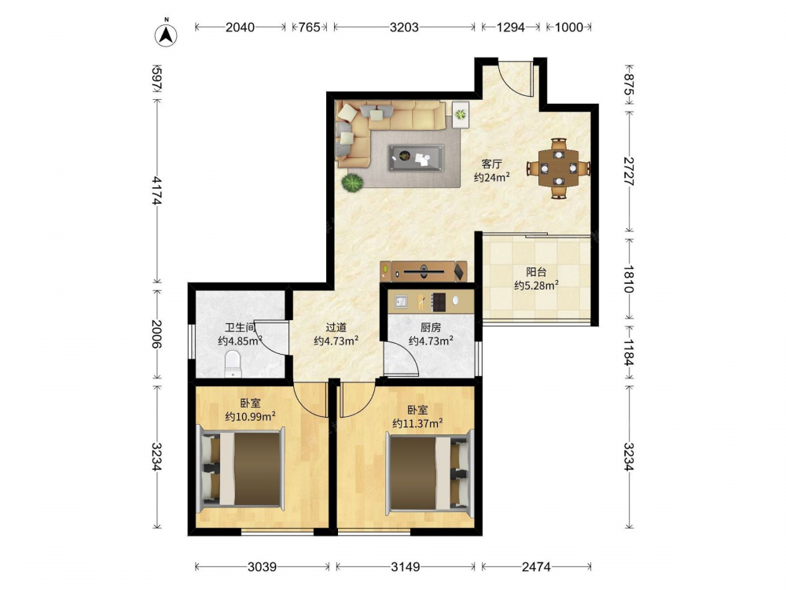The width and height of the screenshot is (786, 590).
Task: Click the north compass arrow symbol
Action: pos(166,34)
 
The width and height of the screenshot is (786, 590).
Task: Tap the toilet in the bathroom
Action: pos(233,363)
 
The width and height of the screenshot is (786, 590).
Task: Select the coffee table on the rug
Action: pos(416,158)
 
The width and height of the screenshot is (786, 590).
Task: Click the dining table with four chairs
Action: pos(558,168)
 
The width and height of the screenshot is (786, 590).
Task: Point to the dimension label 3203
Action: pos(404,27)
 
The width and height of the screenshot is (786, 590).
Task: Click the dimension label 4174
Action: pos(157,190)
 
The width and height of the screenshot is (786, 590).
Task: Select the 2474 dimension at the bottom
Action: pos(536,567)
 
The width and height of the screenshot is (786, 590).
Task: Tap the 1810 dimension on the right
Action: pos(629,278)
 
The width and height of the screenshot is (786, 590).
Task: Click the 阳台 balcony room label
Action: pos(536,272)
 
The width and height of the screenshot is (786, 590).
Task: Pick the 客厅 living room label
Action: pos(492,164)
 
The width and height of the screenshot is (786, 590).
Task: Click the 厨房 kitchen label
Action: pos(431,327)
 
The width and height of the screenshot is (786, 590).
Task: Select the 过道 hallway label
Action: pos(336,327)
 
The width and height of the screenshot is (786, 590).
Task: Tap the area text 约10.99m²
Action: pos(250,416)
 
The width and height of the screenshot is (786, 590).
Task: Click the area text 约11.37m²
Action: pos(417,423)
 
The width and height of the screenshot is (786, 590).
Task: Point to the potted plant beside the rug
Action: pos(352,183)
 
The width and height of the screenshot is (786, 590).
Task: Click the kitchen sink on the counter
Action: pos(401,301)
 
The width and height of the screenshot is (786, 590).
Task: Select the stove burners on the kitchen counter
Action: pos(439,301)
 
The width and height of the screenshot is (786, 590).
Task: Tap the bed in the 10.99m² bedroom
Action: pos(241,469)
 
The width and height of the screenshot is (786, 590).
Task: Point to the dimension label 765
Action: pos(309,27)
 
